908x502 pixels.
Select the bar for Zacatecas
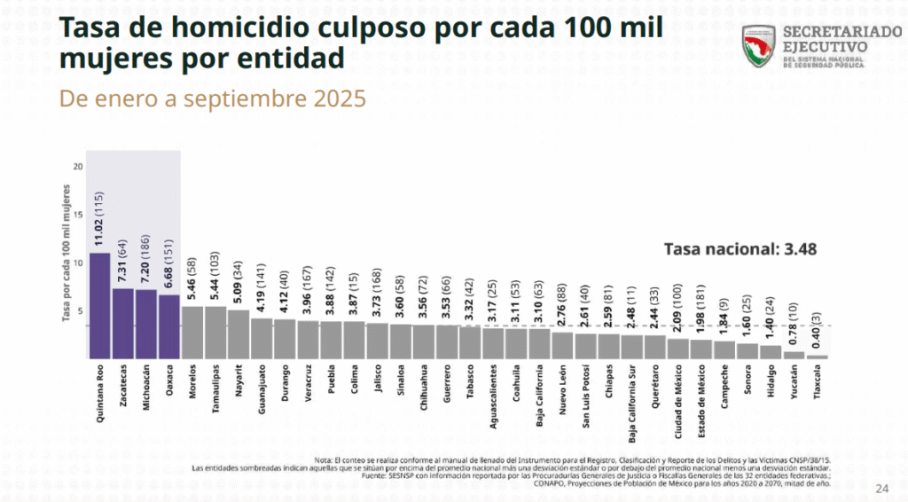click(123, 323)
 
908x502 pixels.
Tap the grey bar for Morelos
click(192, 332)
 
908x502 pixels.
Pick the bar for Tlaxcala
click(816, 357)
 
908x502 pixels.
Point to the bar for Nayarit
click(239, 333)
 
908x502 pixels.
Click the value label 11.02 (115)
click(100, 220)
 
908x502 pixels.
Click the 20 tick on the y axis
click(79, 167)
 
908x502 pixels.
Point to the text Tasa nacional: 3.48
click(740, 249)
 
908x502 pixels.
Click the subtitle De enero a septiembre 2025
click(212, 98)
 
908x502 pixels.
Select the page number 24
click(881, 488)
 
